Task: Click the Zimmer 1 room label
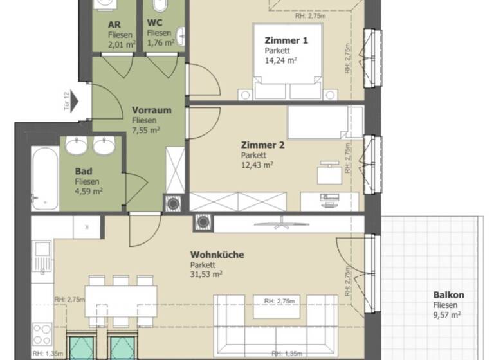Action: coord(286,40)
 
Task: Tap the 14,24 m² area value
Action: coord(280,60)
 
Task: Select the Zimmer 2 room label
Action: coord(262,145)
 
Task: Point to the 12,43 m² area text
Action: coord(257,165)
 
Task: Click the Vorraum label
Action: coord(152,110)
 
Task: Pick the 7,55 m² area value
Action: coord(146,129)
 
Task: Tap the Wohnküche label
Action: coord(217,255)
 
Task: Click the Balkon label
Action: coord(448,295)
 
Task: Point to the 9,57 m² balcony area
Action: coord(446,315)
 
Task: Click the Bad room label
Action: coord(82,172)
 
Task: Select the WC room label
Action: coord(154,24)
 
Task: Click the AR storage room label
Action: coord(114,24)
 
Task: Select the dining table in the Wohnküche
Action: coord(121,300)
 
